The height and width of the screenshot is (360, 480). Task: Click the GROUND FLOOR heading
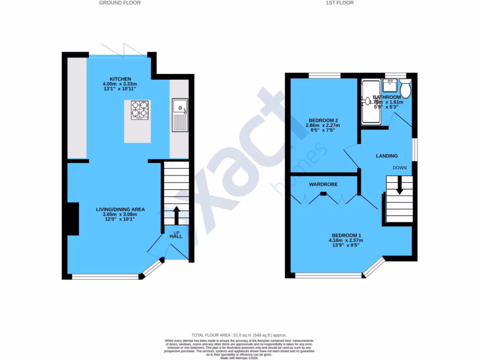(120, 3)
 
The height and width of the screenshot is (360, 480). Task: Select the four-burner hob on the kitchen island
(139, 110)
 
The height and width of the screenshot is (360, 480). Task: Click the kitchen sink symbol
(180, 114)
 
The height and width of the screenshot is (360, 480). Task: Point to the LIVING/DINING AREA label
(120, 209)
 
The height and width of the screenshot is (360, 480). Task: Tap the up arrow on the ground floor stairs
(176, 216)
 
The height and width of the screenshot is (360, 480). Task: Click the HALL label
(176, 236)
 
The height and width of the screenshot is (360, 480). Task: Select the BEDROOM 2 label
(323, 120)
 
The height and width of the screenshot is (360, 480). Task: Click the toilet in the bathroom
(405, 89)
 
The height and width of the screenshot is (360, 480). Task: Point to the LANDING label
(387, 156)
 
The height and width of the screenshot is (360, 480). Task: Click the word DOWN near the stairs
(399, 168)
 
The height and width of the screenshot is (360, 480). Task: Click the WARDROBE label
(323, 184)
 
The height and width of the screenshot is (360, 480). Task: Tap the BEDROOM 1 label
(346, 235)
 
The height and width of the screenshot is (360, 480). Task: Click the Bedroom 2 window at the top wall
(324, 75)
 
